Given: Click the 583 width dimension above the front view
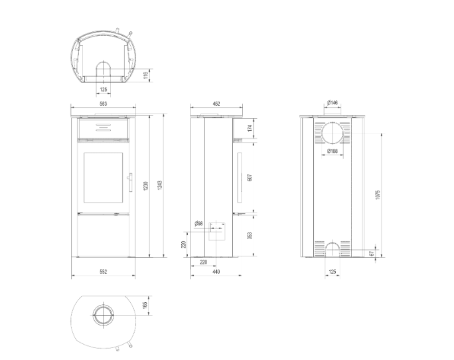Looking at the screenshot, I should [103, 104].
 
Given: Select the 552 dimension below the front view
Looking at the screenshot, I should [103, 272].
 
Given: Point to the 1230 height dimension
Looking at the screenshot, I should [145, 186].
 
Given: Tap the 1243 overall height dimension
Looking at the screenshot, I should [159, 186].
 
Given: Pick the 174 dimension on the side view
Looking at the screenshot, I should [250, 128].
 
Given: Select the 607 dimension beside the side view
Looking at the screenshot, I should [250, 177].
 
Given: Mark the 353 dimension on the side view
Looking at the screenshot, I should [250, 235].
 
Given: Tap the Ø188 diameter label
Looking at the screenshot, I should [333, 151].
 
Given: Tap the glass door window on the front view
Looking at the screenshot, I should [103, 177].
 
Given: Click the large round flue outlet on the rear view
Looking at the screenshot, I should [333, 134].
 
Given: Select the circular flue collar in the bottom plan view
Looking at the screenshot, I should [103, 315].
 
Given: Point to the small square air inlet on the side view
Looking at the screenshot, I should [216, 232].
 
